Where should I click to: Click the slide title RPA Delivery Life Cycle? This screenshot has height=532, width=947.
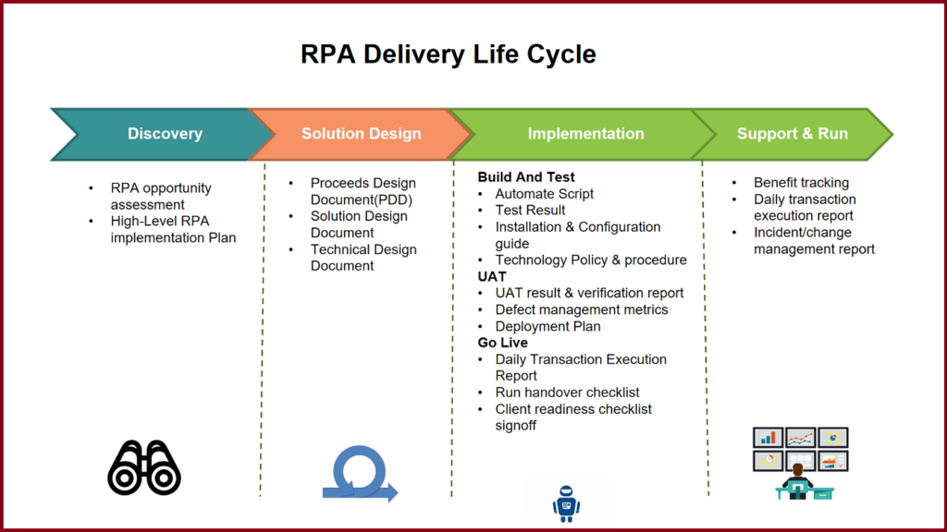click(x=448, y=54)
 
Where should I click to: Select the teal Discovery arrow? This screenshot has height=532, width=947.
click(x=164, y=134)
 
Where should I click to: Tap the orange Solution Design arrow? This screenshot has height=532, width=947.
click(x=361, y=134)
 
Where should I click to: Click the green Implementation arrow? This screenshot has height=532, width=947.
click(x=584, y=134)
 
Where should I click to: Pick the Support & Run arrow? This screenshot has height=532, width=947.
click(x=792, y=134)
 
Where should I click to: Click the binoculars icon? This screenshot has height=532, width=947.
click(x=144, y=466)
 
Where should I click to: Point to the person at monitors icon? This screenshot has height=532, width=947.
click(x=799, y=463)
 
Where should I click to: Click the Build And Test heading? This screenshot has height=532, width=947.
click(x=526, y=177)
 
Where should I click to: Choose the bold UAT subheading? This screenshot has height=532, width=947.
click(x=492, y=276)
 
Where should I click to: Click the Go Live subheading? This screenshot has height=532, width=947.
click(x=502, y=343)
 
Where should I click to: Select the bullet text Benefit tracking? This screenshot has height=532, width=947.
click(x=801, y=183)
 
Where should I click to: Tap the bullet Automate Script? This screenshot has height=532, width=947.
click(x=544, y=194)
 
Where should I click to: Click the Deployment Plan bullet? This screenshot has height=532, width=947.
click(x=547, y=326)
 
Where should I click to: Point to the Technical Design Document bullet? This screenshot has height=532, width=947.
click(x=363, y=258)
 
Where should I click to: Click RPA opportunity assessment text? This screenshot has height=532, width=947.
click(x=160, y=196)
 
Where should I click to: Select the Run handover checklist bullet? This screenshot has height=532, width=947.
click(x=567, y=393)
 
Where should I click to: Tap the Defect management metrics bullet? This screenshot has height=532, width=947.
click(x=581, y=309)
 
